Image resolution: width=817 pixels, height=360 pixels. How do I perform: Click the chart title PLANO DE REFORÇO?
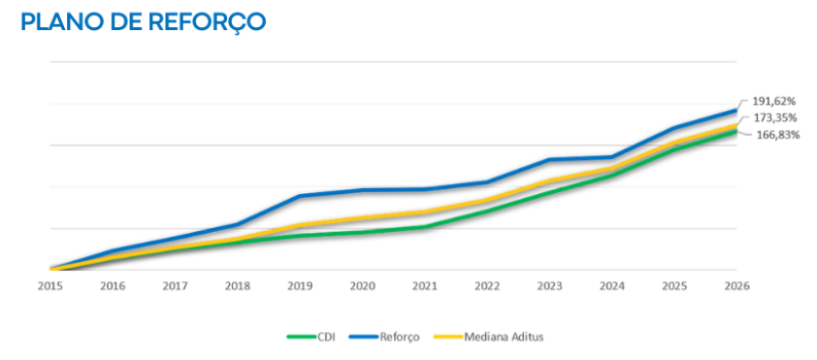(144, 22)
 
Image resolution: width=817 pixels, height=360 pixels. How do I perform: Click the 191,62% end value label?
(773, 101)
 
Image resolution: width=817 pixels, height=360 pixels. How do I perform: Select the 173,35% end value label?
(773, 117)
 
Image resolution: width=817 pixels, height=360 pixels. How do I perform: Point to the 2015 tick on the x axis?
(50, 286)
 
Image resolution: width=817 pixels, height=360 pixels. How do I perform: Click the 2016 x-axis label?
(113, 286)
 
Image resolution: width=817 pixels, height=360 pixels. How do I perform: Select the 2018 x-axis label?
(238, 286)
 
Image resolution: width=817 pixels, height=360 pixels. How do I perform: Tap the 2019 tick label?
(300, 286)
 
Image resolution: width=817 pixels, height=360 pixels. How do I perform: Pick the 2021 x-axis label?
(425, 286)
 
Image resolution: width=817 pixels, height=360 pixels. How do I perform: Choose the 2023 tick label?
(550, 286)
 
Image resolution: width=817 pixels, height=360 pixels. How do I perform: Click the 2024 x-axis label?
(612, 286)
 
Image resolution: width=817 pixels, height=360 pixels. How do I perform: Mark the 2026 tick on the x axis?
(736, 286)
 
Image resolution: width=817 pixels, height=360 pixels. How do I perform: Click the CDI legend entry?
(310, 337)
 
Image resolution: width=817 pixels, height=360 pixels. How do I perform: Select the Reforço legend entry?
(383, 337)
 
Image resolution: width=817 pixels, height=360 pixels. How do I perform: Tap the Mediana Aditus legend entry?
(489, 337)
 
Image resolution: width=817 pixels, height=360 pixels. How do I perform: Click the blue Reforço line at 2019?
(300, 196)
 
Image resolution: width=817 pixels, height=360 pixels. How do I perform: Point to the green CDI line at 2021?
(425, 227)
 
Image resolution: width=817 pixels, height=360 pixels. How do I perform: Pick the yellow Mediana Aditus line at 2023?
(550, 180)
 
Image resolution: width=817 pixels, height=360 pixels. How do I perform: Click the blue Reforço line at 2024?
(612, 157)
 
